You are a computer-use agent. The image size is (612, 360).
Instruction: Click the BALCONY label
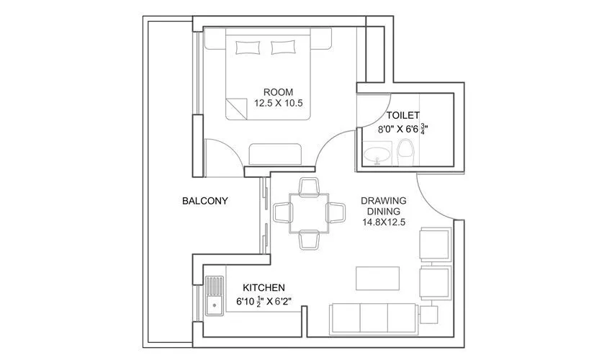coord(205,201)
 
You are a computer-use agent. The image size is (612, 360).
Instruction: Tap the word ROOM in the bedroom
coord(278,91)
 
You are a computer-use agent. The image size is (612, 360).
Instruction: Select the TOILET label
coord(403,115)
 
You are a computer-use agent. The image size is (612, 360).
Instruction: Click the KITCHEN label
coord(264,287)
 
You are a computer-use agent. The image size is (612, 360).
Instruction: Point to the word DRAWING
coord(384,200)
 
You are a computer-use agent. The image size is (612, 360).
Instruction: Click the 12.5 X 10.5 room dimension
coord(278,103)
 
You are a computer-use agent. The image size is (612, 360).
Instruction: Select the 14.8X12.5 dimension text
coord(384,222)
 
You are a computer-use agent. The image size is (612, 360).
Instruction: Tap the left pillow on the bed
coord(248,48)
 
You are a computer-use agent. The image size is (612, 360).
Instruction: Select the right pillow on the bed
coord(283,48)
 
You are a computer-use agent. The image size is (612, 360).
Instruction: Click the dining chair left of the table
coord(282,212)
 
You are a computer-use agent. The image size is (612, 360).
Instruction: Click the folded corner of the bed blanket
coord(235,109)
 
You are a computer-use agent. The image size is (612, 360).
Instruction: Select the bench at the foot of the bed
coord(276,153)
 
